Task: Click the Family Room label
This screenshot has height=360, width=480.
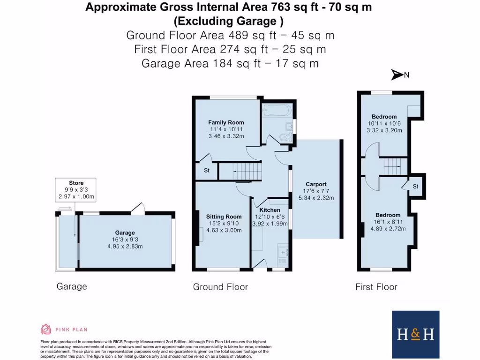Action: (226, 122)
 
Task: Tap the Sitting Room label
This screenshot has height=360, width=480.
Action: (224, 217)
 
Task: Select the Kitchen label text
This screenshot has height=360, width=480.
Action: (270, 210)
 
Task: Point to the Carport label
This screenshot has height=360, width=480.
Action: (316, 184)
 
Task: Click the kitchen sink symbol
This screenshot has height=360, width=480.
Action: (283, 252)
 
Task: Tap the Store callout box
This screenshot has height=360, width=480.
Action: (76, 190)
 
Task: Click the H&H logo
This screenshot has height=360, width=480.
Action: (415, 334)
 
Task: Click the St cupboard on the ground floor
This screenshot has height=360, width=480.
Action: (206, 171)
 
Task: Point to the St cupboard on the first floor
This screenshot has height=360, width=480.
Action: (415, 186)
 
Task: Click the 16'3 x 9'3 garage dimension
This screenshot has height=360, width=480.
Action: (125, 240)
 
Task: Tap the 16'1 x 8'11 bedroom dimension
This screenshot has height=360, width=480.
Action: (388, 222)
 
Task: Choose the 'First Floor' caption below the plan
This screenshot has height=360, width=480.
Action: (376, 287)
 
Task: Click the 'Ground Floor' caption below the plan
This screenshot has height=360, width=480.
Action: (220, 287)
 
